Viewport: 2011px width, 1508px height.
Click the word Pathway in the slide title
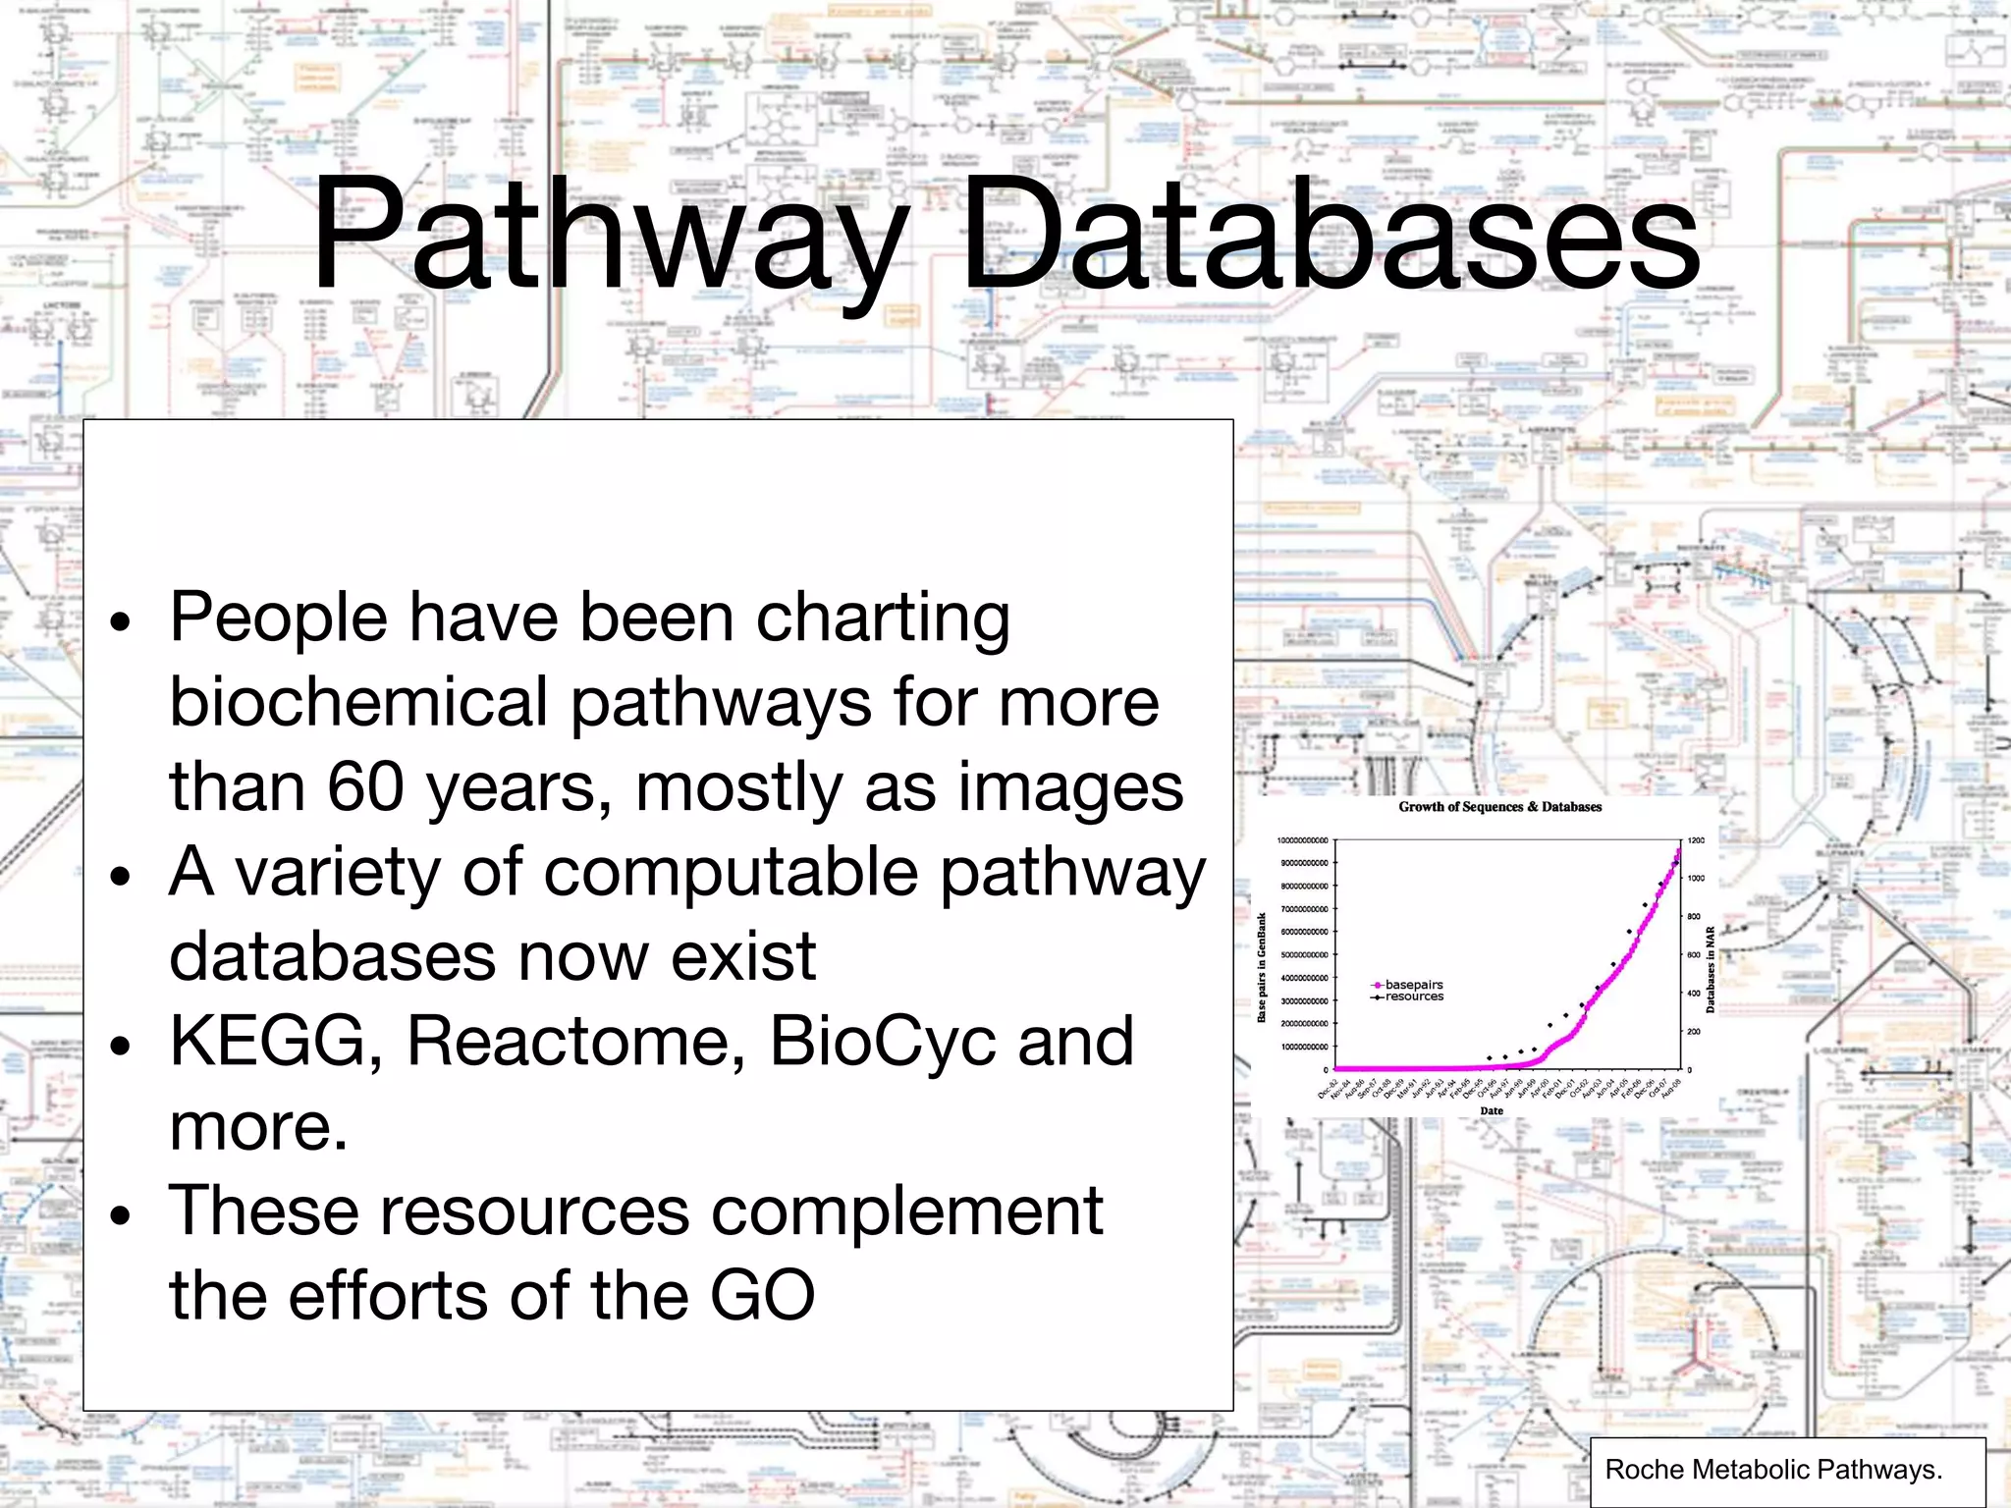click(609, 236)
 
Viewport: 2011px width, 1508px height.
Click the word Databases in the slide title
click(1331, 236)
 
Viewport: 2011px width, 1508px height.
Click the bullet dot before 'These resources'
click(120, 1216)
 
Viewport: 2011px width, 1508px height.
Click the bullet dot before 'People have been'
click(120, 622)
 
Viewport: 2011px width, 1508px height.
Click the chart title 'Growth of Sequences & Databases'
click(1499, 807)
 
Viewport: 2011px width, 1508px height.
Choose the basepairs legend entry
click(1413, 985)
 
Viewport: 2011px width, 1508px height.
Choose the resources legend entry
click(1413, 996)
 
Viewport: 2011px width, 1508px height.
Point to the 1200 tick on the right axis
click(1696, 841)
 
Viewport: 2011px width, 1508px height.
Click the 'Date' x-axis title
click(1492, 1110)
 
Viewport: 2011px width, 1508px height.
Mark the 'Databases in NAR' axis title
click(1711, 969)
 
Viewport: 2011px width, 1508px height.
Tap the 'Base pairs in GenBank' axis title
click(1263, 968)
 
